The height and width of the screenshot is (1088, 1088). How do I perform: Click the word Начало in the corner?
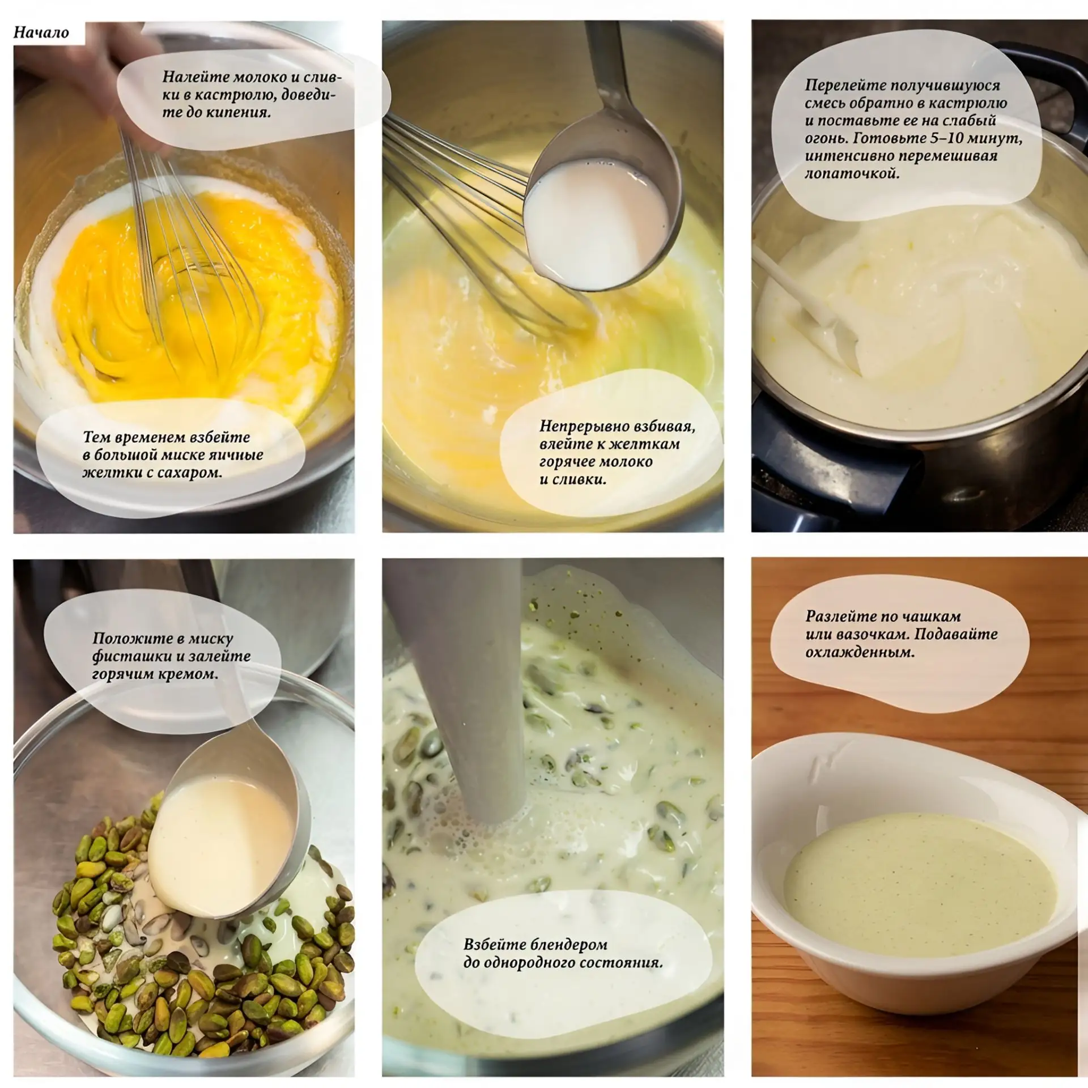[x=41, y=32]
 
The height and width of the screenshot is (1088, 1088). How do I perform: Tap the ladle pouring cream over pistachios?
[x=227, y=822]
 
